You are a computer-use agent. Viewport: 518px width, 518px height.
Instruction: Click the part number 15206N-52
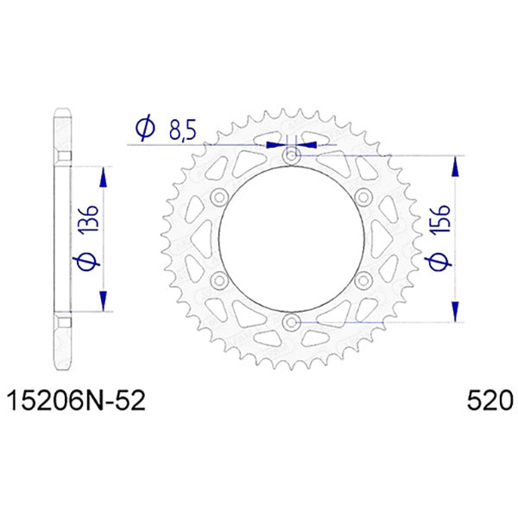76,401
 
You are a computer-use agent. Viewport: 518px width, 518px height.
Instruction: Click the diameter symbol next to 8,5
144,129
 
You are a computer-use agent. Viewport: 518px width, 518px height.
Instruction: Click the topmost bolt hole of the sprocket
291,156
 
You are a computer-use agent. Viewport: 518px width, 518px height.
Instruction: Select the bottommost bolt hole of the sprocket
291,324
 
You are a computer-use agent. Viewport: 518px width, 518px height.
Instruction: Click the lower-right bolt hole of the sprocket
363,281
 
